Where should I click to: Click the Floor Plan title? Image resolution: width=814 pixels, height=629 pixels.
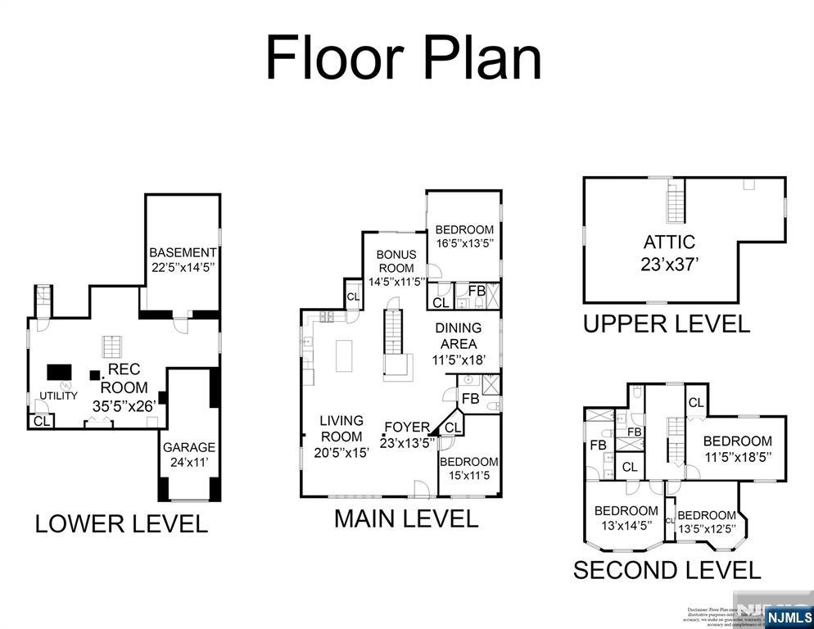click(404, 58)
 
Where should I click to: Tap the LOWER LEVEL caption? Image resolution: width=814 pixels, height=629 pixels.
click(121, 523)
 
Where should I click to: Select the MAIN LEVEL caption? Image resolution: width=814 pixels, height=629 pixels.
click(406, 518)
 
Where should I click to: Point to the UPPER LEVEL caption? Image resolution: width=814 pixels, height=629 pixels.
click(666, 324)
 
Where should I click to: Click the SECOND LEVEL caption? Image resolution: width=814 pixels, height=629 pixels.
click(667, 569)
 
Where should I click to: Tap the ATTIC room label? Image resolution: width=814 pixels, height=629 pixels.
click(669, 242)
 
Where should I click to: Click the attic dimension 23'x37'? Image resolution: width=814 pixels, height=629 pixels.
click(669, 265)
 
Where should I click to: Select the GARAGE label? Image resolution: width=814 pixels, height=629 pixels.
click(189, 447)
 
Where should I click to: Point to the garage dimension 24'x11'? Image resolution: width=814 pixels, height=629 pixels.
click(189, 463)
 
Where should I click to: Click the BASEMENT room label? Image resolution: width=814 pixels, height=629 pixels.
click(183, 253)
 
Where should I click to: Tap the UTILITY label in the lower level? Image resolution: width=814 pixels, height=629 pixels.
click(59, 396)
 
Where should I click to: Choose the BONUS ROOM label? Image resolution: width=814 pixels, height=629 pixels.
click(396, 261)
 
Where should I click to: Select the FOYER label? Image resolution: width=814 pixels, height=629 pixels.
click(407, 427)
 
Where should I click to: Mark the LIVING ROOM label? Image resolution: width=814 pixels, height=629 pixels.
click(341, 428)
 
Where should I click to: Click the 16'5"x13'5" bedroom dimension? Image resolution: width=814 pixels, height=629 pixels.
click(464, 244)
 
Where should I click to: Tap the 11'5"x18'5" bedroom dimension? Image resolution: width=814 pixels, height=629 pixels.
click(737, 456)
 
